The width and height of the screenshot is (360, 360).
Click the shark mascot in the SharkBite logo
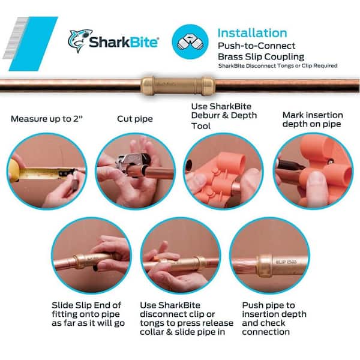[x=79, y=41]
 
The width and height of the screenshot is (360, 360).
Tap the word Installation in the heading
[x=252, y=33]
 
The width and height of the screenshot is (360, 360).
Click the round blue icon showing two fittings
[x=190, y=42]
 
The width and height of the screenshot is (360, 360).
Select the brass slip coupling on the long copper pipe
[x=178, y=85]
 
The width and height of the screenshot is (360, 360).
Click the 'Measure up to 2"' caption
[x=47, y=119]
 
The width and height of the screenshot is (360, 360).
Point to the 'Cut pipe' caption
[x=135, y=119]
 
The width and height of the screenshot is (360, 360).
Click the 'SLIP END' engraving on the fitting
[x=286, y=262]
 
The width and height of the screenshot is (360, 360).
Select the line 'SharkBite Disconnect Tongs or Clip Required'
[x=278, y=66]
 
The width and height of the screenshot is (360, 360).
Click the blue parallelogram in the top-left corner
[x=34, y=44]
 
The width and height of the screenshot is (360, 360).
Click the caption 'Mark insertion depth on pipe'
[x=313, y=119]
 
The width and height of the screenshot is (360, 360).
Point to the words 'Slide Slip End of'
[x=86, y=305]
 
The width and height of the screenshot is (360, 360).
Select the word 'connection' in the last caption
[x=266, y=332]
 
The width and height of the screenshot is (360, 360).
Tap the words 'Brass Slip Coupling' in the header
[x=261, y=57]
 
